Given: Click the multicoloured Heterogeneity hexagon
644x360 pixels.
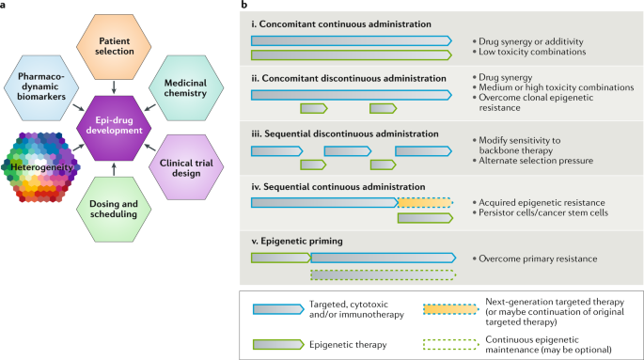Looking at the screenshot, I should coord(43,166).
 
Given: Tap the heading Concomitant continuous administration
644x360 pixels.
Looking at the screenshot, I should coord(339,23).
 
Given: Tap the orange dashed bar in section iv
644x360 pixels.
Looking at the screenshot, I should coord(424,201).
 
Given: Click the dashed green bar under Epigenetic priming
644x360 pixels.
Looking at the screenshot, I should coord(383,274).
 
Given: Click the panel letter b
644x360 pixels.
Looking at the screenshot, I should coord(246,6).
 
